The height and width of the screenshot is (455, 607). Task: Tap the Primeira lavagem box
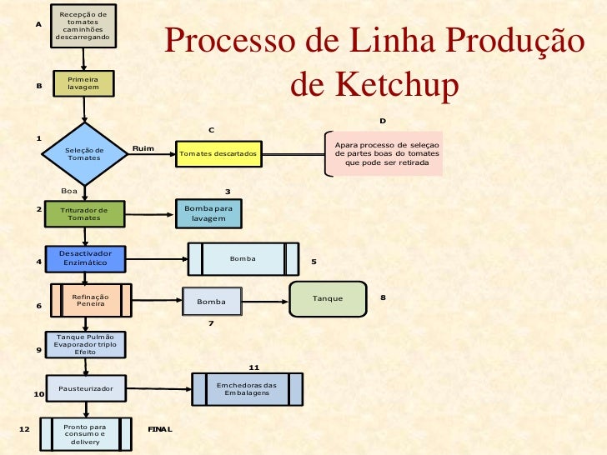pos(83,83)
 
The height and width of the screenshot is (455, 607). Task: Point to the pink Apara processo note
pos(385,154)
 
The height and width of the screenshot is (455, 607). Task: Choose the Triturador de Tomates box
pos(83,213)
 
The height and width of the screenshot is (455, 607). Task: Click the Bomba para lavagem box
pos(208,213)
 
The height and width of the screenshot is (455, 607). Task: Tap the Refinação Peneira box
pos(90,300)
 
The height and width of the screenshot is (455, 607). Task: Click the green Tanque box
pos(328,298)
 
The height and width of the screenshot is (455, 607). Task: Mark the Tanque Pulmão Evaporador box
pos(85,344)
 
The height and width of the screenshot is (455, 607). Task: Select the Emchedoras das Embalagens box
pos(247,388)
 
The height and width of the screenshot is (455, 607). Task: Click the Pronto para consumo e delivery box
pos(85,433)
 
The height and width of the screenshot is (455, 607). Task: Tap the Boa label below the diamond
pos(70,191)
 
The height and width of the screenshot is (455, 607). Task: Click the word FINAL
pos(159,429)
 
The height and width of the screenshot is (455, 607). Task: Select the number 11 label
pos(254,367)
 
